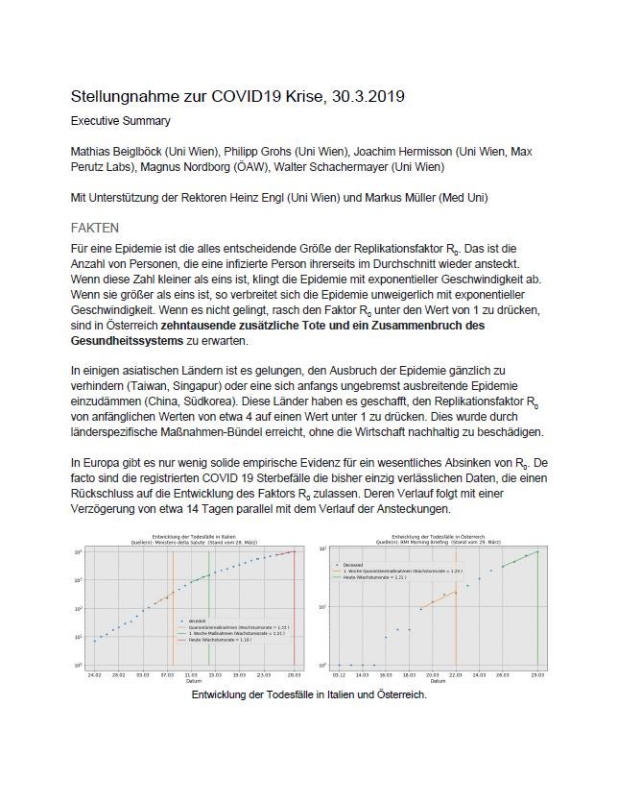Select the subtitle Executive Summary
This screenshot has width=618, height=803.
click(x=123, y=122)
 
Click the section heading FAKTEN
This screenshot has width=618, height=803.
click(x=96, y=228)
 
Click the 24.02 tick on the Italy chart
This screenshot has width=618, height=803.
click(x=95, y=676)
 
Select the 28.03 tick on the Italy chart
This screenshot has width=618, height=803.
click(x=289, y=676)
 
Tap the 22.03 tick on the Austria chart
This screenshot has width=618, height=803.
click(x=456, y=675)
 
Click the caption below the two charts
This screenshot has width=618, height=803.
click(x=308, y=694)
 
